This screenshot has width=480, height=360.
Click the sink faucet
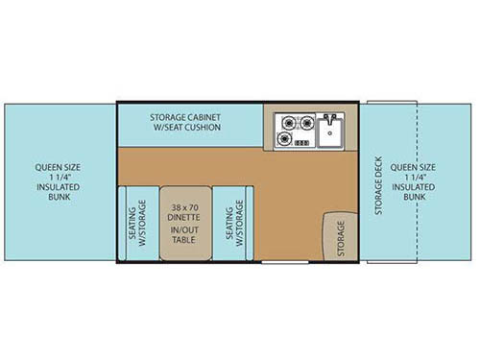pos(329,119)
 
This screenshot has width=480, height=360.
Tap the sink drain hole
pos(329,133)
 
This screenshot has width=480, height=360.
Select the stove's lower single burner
pos(284,140)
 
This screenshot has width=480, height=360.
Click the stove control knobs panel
pos(301,143)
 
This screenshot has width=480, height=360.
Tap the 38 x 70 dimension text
pos(183,207)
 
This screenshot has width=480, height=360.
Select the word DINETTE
pos(183,218)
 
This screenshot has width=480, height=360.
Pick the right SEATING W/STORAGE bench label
pos(232,223)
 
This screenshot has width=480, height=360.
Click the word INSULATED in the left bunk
pos(58,188)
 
